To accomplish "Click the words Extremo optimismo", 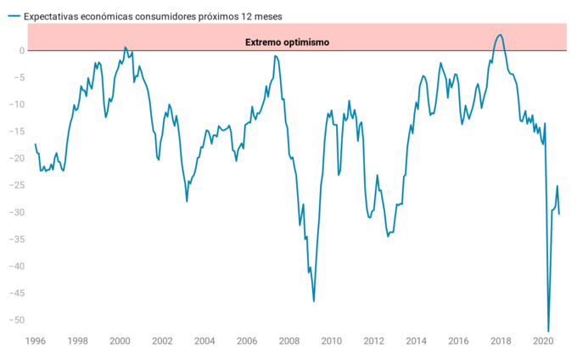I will [287, 42].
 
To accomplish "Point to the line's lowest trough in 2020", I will [548, 331].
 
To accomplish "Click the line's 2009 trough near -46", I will [314, 301].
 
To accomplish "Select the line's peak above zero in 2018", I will [501, 35].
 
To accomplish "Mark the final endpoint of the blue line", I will [559, 213].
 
